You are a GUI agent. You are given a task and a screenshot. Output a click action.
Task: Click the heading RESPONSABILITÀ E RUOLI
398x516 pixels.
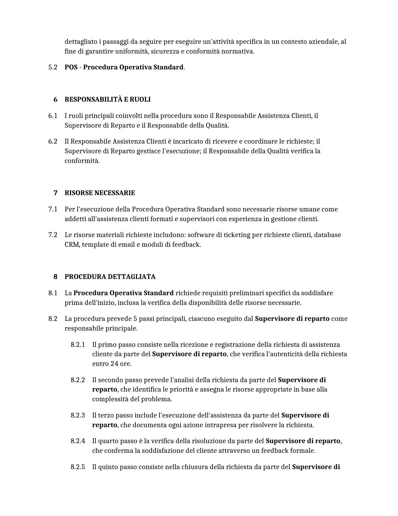click(107, 99)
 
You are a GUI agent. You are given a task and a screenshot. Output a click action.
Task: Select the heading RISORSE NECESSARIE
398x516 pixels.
click(100, 193)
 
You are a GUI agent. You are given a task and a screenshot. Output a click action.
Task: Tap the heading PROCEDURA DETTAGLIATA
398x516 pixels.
click(110, 277)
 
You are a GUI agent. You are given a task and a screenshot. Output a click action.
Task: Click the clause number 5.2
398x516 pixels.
click(53, 67)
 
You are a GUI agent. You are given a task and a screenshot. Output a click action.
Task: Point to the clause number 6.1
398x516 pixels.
click(53, 116)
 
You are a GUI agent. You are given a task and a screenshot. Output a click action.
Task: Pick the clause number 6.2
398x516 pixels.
click(53, 141)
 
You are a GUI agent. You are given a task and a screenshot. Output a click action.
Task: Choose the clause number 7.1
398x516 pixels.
click(53, 209)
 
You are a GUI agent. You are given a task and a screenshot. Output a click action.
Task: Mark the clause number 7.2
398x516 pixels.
click(53, 235)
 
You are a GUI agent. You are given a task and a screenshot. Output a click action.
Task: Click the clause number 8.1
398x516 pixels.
click(53, 293)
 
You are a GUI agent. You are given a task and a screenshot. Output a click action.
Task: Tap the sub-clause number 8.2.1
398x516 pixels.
click(78, 345)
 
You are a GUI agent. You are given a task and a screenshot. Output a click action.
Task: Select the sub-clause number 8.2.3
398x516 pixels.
click(78, 415)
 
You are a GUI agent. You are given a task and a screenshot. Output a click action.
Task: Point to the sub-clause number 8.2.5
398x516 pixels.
click(78, 467)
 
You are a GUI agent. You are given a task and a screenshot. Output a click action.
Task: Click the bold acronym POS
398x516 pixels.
click(71, 67)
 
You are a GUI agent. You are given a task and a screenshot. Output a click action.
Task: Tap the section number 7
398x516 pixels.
click(56, 193)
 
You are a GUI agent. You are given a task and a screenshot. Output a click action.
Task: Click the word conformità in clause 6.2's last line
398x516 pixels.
click(82, 161)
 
